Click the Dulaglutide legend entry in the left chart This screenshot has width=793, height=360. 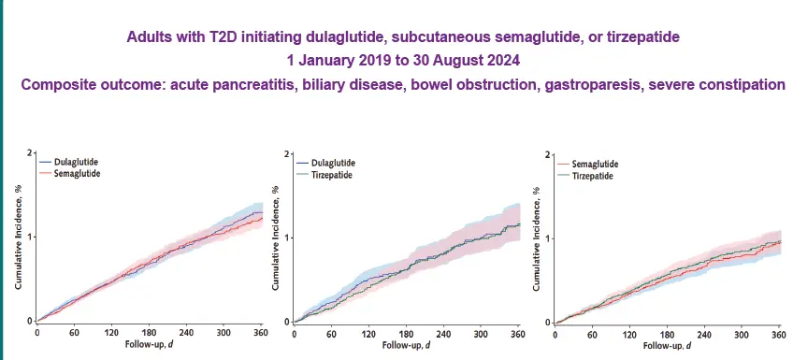coord(78,162)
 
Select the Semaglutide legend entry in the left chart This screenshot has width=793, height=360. coord(78,174)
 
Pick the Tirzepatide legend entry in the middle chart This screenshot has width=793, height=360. coord(333,174)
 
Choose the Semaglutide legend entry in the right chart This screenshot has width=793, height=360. coord(595,165)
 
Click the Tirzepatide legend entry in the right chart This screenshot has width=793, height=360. coord(593,177)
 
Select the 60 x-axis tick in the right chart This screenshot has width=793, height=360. coord(593,334)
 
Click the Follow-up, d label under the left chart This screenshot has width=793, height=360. coord(149,343)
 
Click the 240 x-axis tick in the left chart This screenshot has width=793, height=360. coord(186,332)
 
